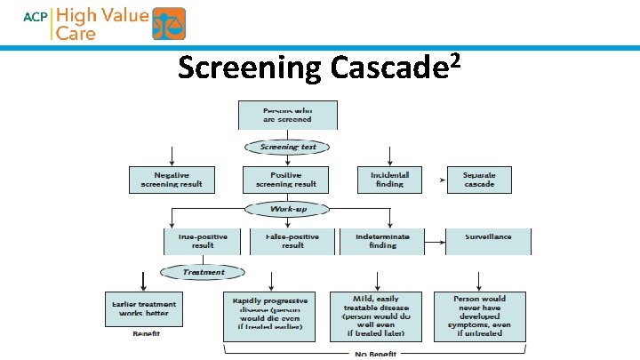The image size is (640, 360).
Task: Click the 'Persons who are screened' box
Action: [287, 116]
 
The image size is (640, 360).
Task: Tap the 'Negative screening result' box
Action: [172, 180]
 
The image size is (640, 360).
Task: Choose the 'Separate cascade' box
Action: [479, 180]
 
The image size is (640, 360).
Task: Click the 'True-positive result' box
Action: [203, 241]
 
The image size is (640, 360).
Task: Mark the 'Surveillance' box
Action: [489, 241]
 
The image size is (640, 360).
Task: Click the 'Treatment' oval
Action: [203, 272]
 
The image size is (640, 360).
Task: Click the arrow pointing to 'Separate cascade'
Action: [442, 180]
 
